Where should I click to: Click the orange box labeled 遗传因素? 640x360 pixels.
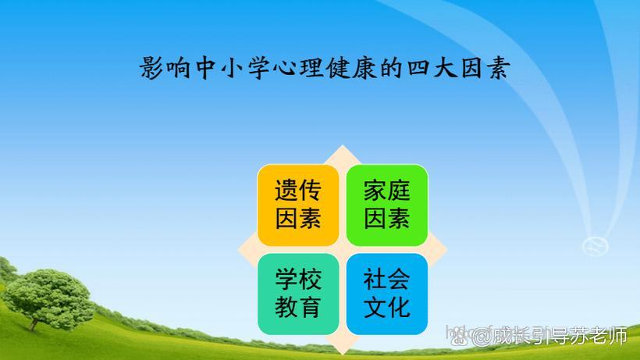[298, 205]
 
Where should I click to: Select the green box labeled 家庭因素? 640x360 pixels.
[387, 205]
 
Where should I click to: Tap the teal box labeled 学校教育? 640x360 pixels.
[298, 294]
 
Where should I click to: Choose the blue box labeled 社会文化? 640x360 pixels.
[387, 294]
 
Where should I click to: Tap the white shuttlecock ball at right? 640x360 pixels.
[596, 244]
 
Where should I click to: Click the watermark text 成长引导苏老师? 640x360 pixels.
[559, 337]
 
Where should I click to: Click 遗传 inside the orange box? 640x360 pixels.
[298, 191]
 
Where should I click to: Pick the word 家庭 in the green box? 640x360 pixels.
[387, 191]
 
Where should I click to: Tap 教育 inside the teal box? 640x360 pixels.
[298, 307]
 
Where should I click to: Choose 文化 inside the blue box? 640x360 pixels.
[387, 307]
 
